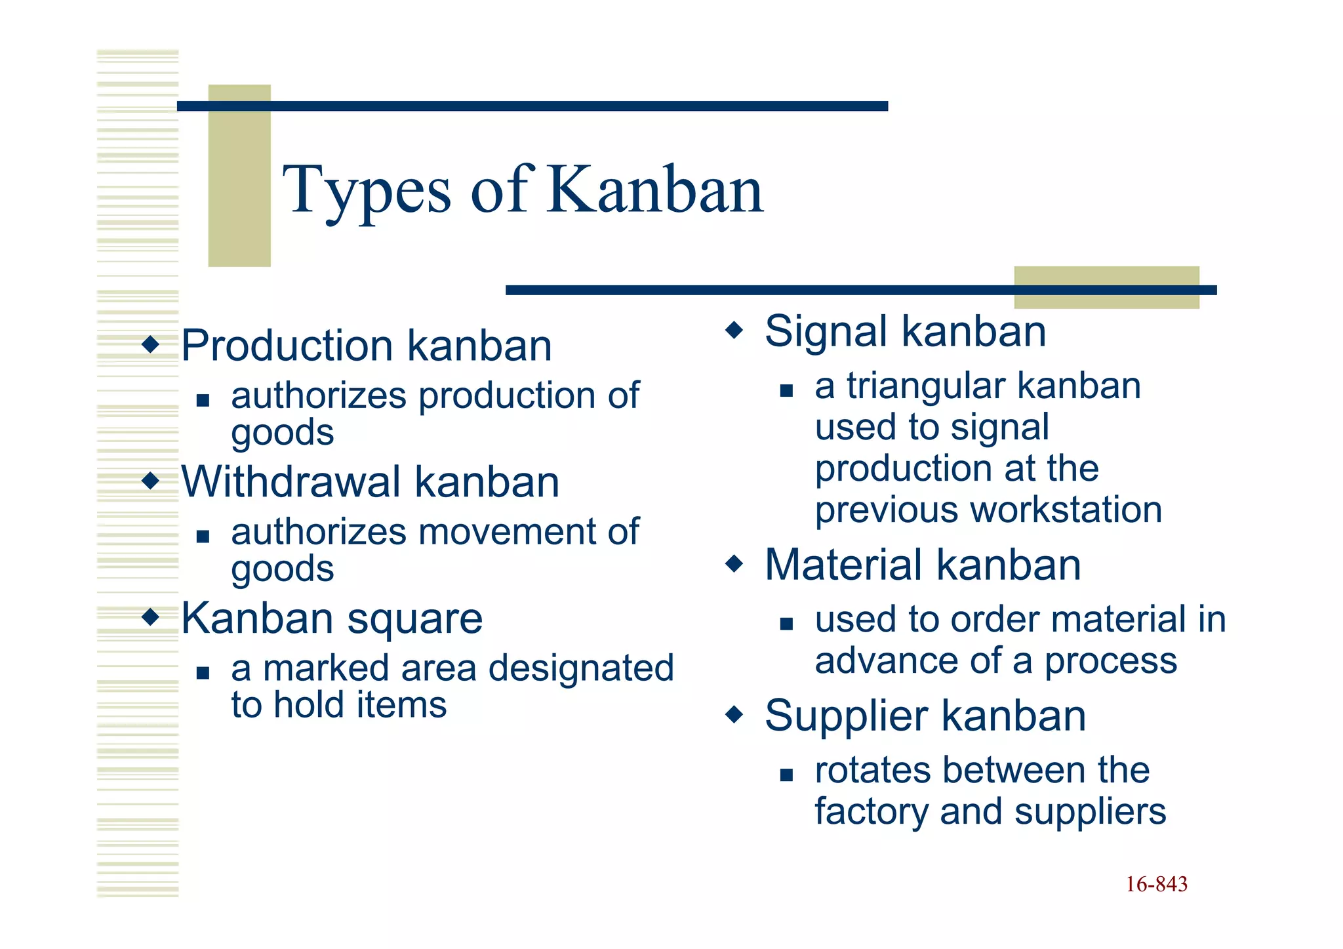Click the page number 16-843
pos(1156,884)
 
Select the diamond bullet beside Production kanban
pos(151,344)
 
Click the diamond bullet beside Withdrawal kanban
pos(151,481)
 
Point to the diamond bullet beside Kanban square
pos(151,616)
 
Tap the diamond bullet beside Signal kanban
pos(734,329)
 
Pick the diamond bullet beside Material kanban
pos(734,563)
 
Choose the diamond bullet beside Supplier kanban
pos(734,714)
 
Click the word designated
pos(581,668)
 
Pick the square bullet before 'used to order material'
pos(786,624)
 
